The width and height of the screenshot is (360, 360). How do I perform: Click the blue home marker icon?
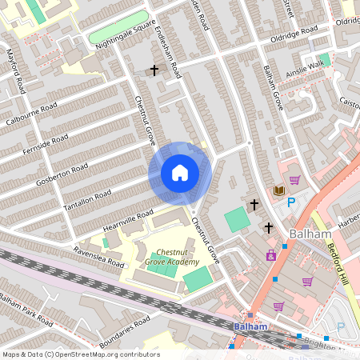[180, 173]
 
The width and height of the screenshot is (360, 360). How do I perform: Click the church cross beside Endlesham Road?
[154, 70]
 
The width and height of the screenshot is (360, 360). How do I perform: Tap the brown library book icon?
[278, 190]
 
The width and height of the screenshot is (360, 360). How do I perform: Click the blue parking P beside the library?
[291, 203]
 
